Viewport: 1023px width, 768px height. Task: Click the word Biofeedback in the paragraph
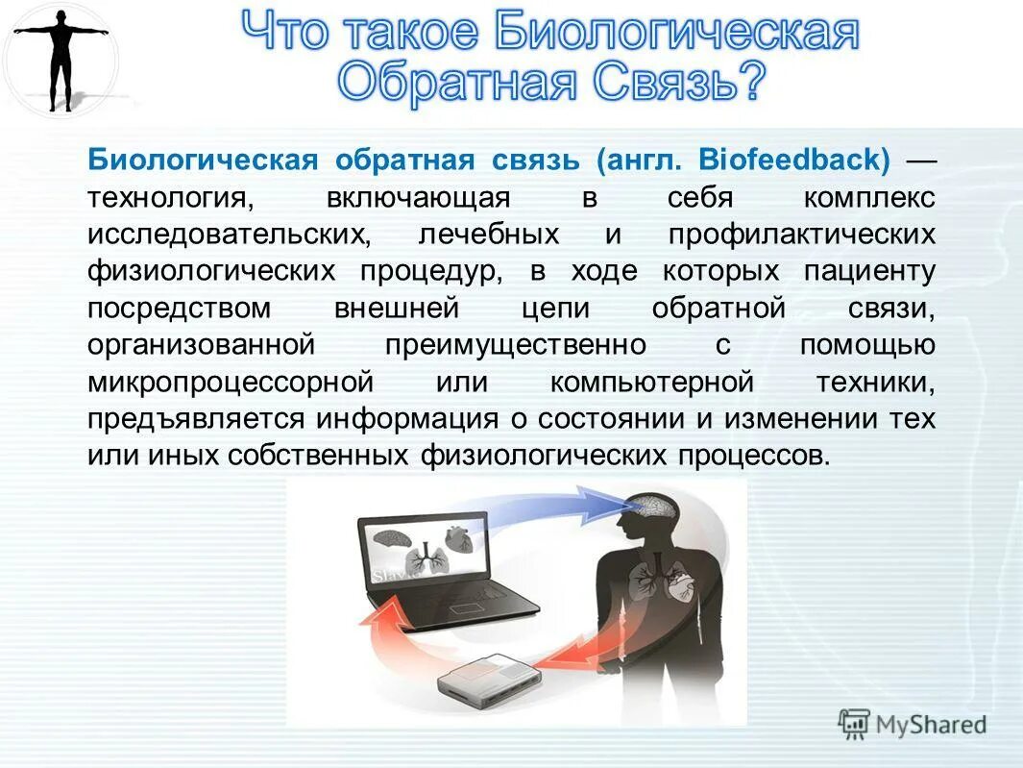pos(793,159)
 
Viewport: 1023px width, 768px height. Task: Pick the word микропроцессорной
pos(230,382)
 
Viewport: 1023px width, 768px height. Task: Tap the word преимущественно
pos(516,344)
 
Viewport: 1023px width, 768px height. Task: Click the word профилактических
pos(802,235)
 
